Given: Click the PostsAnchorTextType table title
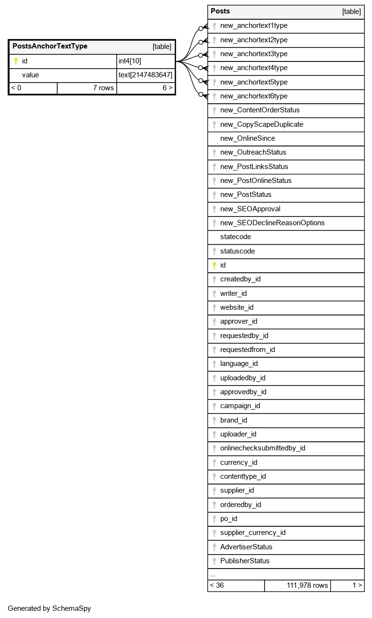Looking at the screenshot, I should click(x=50, y=47).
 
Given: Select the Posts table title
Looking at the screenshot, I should click(x=220, y=11).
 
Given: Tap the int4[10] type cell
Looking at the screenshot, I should click(x=130, y=61).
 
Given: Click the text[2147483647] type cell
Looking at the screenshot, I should click(x=145, y=75).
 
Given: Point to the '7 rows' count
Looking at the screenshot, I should click(x=103, y=88).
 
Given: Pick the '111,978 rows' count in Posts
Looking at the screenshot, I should click(x=307, y=585).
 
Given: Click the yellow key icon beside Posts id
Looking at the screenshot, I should click(x=214, y=265).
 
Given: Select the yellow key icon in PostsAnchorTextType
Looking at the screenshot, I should click(x=16, y=61).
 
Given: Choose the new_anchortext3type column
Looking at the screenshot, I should click(x=253, y=54).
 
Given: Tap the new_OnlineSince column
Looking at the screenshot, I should click(x=247, y=138).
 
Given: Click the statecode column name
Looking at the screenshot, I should click(x=236, y=237).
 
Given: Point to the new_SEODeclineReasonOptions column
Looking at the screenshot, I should click(x=272, y=223).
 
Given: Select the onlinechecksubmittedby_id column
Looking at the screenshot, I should click(x=263, y=448).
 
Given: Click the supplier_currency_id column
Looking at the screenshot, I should click(x=252, y=533).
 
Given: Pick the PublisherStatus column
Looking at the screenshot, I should click(x=245, y=561).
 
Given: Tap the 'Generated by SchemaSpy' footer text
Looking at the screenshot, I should click(x=49, y=608).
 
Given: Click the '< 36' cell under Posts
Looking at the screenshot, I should click(x=217, y=585).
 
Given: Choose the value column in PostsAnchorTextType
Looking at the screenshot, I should click(x=30, y=75).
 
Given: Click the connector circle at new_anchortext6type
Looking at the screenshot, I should click(x=201, y=95).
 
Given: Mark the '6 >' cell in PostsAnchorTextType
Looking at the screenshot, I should click(x=168, y=88).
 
